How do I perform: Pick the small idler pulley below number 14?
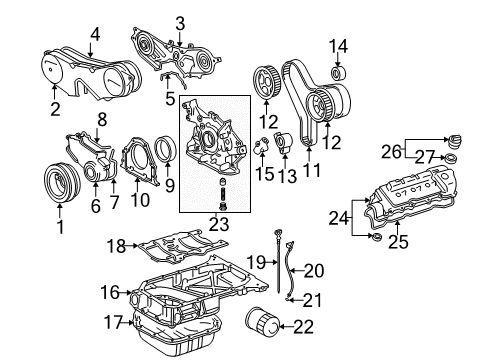point(337,72)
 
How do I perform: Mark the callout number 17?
point(111,322)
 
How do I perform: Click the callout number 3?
point(180,22)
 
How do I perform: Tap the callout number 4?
point(95,34)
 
